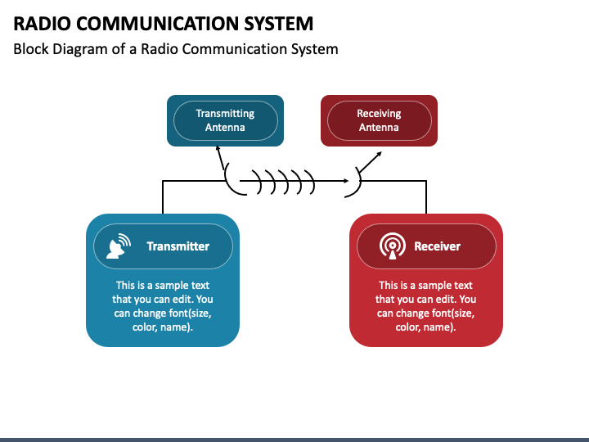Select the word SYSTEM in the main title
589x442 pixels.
pos(279,23)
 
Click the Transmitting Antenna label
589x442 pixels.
pos(225,120)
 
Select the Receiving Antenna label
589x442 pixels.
pos(379,120)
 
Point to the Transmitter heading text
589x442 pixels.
pos(178,246)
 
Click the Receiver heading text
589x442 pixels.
pos(437,246)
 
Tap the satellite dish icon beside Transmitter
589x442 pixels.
pos(119,246)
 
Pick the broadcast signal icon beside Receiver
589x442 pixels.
pos(392,246)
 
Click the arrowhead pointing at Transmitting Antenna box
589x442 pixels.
pos(218,148)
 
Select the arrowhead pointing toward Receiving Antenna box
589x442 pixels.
pos(380,154)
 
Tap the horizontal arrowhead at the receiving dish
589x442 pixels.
pos(346,181)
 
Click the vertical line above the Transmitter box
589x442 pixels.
pos(163,197)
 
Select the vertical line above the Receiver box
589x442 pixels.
pos(426,197)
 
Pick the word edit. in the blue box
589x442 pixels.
pos(183,300)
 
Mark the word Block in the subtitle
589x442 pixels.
pos(31,49)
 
